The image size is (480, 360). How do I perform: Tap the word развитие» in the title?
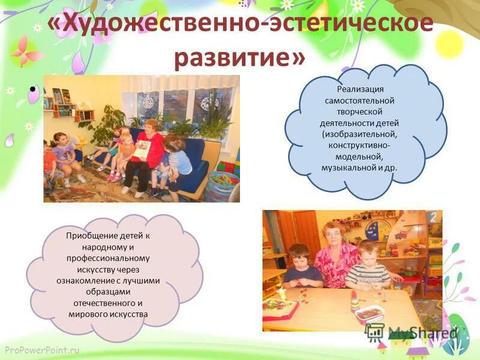pos(240,58)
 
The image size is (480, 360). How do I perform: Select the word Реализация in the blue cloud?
pos(361,89)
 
